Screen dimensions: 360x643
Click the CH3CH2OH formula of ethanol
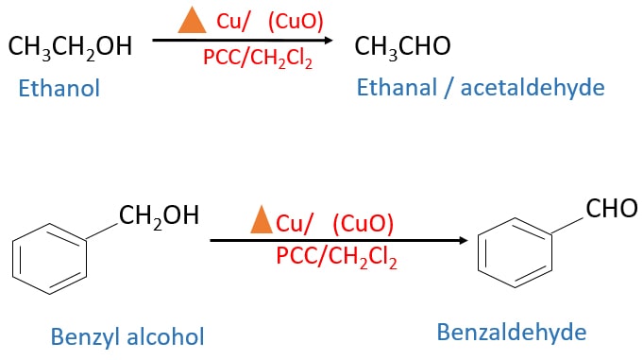71,44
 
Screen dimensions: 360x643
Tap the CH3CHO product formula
402,44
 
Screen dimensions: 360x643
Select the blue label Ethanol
59,89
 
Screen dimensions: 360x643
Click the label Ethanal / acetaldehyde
480,88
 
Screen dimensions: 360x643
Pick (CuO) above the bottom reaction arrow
363,224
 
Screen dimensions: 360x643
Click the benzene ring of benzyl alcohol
53,256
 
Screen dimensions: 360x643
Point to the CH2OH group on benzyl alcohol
159,214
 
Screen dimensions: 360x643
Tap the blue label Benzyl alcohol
127,336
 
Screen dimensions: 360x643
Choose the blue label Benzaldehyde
511,332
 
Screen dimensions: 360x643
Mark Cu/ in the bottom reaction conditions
295,224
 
